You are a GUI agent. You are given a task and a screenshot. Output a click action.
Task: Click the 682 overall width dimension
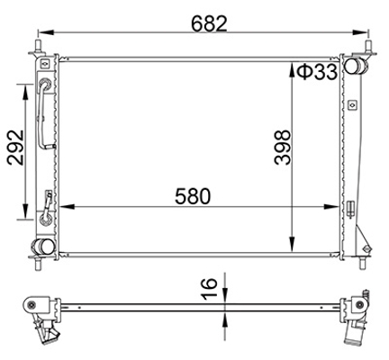click(x=210, y=23)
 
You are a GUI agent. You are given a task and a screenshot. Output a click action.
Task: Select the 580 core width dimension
click(x=193, y=196)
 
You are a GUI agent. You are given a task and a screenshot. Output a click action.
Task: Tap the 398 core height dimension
click(x=283, y=148)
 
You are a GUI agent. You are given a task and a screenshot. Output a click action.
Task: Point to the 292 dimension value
click(x=15, y=148)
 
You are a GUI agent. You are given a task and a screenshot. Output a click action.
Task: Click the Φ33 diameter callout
click(x=317, y=72)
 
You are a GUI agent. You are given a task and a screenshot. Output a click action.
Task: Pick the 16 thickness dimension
click(x=209, y=289)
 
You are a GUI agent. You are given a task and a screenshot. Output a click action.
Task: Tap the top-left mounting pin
click(x=39, y=48)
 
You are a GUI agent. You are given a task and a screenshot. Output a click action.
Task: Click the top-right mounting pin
click(x=368, y=48)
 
